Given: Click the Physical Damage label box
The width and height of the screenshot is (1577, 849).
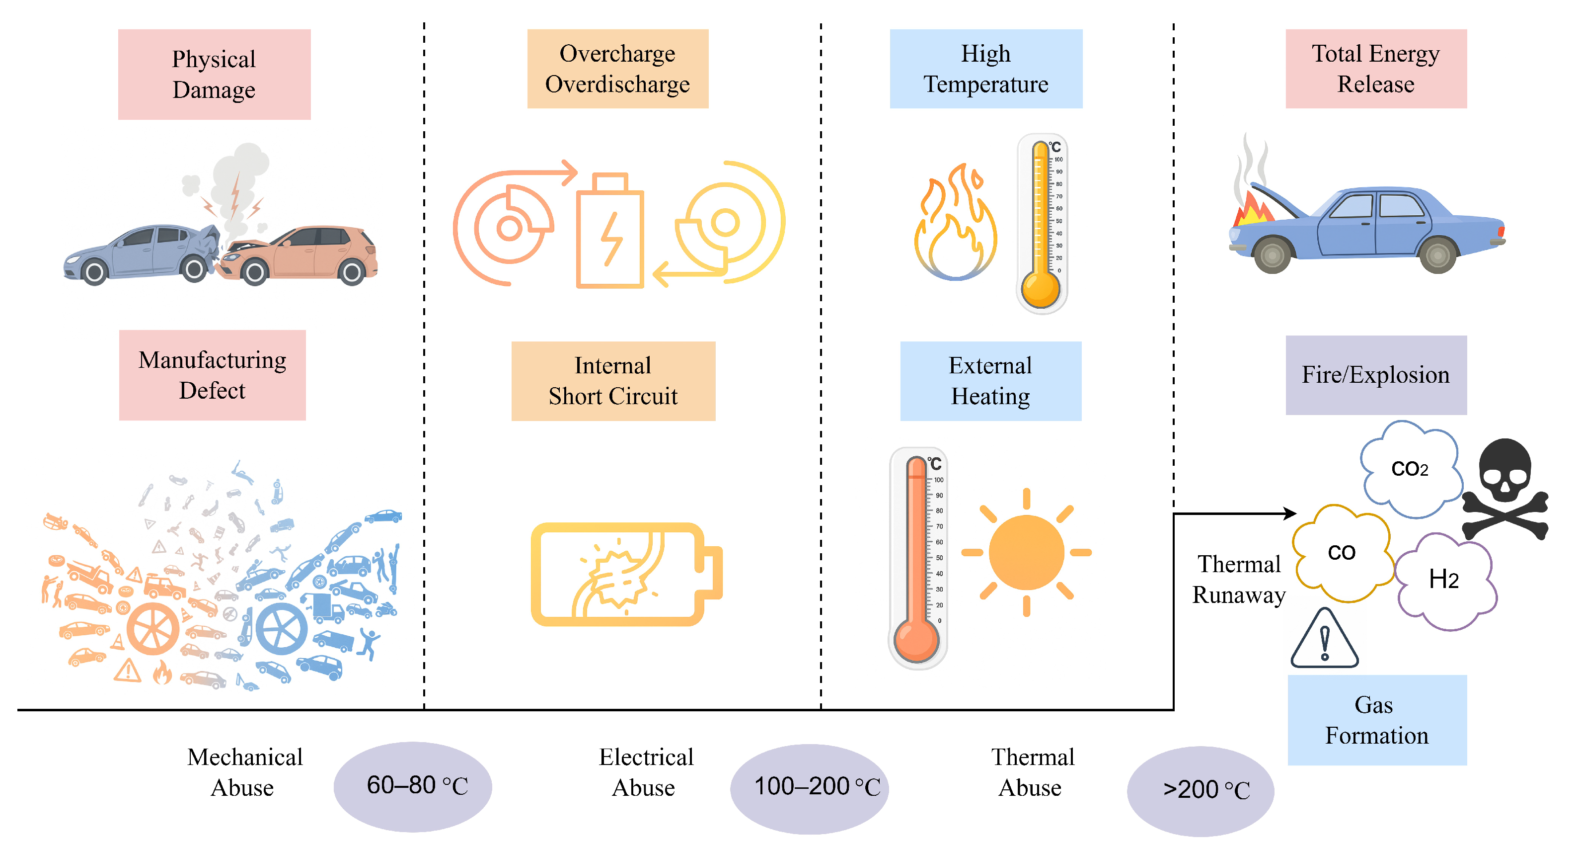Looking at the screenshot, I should [214, 74].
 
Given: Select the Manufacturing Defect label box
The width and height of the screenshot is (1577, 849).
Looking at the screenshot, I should [213, 375].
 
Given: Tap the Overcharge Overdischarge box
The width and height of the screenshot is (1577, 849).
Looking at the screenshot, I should [618, 69].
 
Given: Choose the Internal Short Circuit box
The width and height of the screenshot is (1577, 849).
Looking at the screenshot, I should [613, 381].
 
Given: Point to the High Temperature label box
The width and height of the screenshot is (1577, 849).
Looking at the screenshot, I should [985, 69].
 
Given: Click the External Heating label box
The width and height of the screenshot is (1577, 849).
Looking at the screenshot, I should [990, 381].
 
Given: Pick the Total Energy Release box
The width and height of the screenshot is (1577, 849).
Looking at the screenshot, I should [1375, 69].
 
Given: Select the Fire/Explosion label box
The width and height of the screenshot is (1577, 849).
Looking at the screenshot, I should [1375, 375].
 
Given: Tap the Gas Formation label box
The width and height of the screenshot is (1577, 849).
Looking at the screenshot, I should [1377, 720].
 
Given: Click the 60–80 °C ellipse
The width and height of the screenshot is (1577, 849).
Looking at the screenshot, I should [413, 786].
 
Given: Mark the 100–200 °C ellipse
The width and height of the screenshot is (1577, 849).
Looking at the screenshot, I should [809, 788].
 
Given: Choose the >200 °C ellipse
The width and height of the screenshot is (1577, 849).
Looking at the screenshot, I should [1200, 791].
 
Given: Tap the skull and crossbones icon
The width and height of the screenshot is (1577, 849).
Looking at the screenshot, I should [1505, 490].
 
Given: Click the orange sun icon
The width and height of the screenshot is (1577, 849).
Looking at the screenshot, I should [1027, 553].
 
